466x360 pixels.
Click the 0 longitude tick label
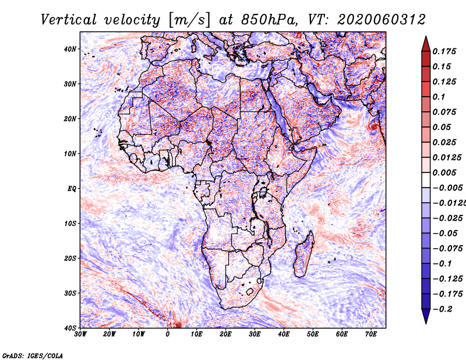168,334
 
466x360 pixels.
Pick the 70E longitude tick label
371,334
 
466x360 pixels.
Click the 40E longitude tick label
284,334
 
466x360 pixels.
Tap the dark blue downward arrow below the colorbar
426,316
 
